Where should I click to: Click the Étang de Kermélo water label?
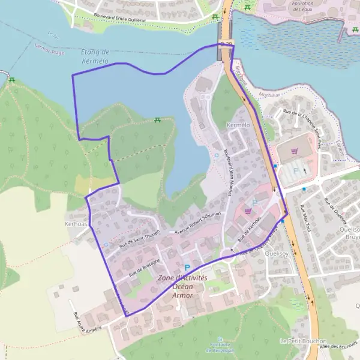94,56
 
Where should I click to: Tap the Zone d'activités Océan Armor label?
182,287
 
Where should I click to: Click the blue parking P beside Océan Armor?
187,268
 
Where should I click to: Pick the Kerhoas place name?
76,223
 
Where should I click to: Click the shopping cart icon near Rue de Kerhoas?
248,211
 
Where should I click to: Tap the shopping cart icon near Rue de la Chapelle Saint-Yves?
294,151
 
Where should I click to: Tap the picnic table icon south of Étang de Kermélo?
157,120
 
